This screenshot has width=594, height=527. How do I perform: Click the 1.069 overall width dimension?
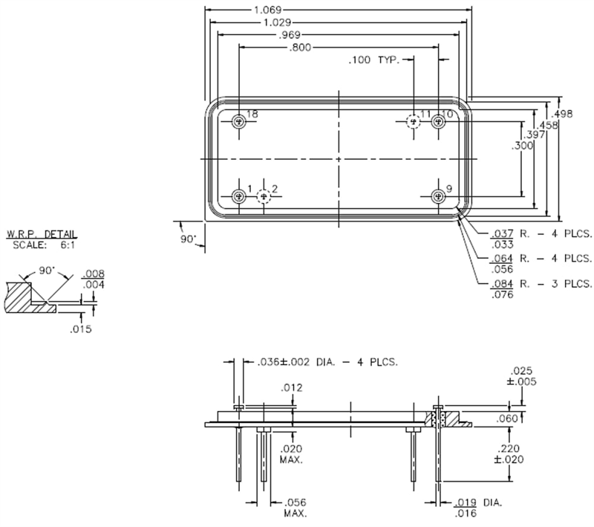pyautogui.click(x=339, y=10)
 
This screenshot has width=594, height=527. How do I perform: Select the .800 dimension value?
pyautogui.click(x=301, y=48)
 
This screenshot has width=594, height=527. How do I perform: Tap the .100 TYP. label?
pyautogui.click(x=373, y=59)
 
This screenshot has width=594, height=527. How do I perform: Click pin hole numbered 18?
pyautogui.click(x=238, y=122)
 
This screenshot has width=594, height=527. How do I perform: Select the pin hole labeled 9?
pyautogui.click(x=438, y=196)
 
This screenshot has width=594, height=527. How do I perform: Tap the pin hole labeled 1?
pyautogui.click(x=238, y=196)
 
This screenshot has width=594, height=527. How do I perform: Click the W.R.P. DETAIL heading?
pyautogui.click(x=42, y=234)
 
